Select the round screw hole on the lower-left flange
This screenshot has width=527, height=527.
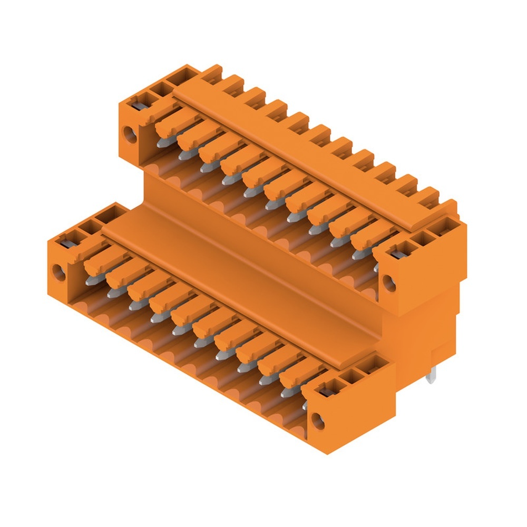[58, 273]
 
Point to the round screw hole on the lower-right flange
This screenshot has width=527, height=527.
[317, 421]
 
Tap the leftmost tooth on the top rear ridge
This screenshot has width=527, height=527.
[213, 73]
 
